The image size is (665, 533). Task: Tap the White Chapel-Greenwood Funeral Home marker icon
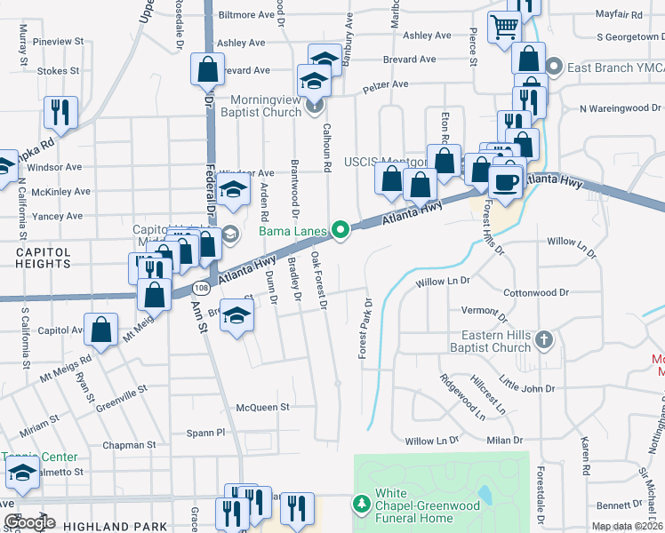[362, 505]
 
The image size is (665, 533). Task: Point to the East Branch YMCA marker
[554, 67]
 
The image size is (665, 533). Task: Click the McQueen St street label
[262, 407]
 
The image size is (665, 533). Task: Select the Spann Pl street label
[208, 433]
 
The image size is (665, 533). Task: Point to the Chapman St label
[128, 445]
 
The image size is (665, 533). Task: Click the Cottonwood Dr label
[535, 292]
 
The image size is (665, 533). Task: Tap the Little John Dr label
[526, 388]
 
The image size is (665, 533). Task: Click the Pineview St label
[57, 42]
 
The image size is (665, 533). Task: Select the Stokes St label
[59, 69]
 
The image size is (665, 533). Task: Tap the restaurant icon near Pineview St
[60, 111]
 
